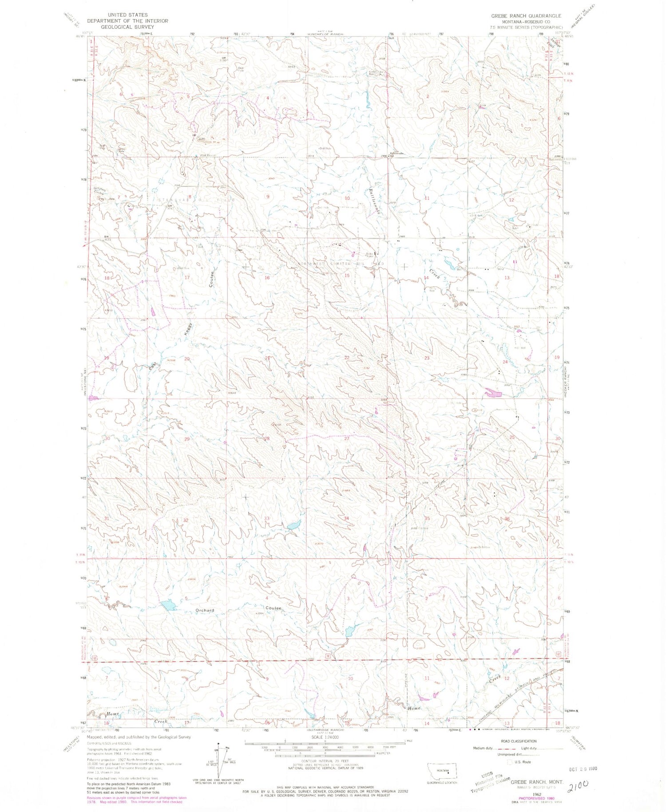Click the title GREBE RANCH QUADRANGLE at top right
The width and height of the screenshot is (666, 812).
click(x=526, y=16)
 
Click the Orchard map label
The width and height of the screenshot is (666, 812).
click(x=205, y=610)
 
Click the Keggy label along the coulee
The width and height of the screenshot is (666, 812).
click(x=189, y=332)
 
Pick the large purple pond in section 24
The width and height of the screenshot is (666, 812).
click(x=492, y=393)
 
